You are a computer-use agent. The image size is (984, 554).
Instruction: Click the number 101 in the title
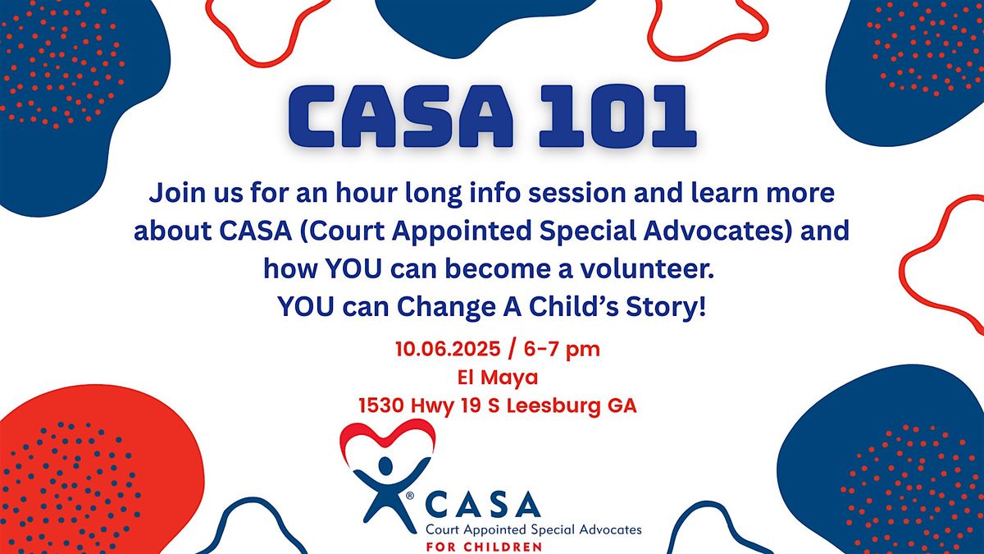(618, 116)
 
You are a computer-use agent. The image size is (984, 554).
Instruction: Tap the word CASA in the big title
(401, 116)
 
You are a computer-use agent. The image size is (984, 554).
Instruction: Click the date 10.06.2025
(448, 350)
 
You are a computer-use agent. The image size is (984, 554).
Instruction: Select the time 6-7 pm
(562, 350)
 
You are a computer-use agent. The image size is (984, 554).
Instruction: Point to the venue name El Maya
(498, 378)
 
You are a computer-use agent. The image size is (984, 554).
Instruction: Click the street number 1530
(380, 405)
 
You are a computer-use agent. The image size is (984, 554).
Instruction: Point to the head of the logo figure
(385, 465)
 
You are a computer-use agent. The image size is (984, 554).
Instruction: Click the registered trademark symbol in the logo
(410, 496)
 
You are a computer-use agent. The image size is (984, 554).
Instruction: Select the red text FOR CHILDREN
(484, 547)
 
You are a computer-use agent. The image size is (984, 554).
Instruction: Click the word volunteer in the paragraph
(648, 268)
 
